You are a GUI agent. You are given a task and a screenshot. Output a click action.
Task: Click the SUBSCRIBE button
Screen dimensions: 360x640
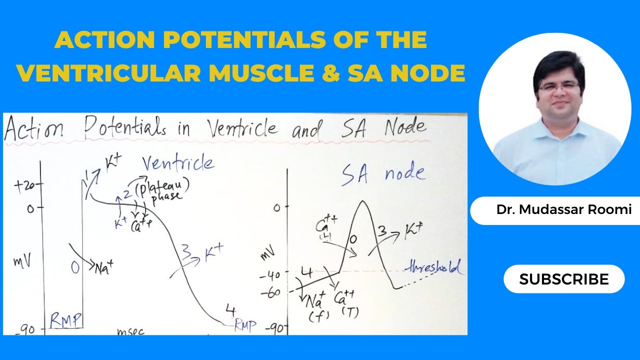(x=563, y=279)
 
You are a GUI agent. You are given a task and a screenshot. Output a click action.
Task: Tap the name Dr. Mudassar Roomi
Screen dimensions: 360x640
(x=563, y=210)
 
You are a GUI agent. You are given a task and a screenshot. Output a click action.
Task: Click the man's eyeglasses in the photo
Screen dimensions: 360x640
(x=558, y=86)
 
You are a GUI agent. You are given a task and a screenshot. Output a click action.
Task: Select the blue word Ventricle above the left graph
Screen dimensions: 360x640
(x=177, y=164)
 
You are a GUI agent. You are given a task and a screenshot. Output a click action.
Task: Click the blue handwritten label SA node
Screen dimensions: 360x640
(x=382, y=173)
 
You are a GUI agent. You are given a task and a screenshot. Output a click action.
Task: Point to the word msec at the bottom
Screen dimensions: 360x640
(x=130, y=331)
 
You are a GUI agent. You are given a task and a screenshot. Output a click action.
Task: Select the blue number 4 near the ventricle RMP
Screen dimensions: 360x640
(x=230, y=310)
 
